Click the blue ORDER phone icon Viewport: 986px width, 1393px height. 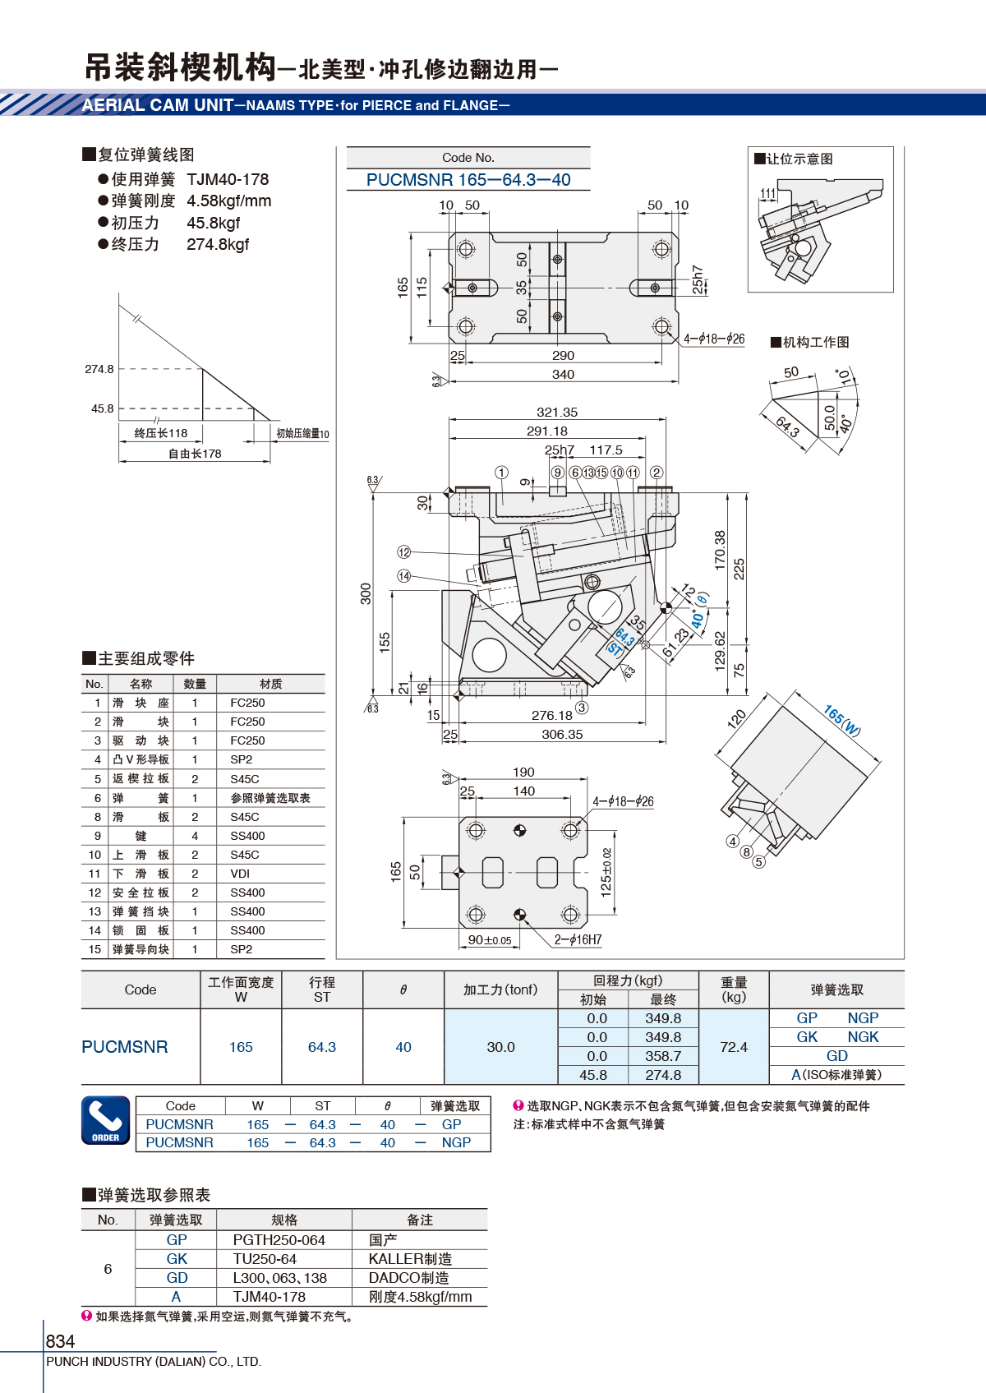click(x=106, y=1120)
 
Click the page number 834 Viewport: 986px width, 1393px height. click(x=60, y=1340)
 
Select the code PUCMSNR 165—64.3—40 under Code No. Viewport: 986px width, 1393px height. click(x=468, y=180)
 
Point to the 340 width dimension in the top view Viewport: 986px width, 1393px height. click(x=563, y=375)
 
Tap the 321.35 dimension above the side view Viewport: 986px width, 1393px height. click(x=557, y=413)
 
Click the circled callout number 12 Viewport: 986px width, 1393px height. click(x=404, y=552)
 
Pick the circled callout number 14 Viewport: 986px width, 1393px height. click(x=404, y=576)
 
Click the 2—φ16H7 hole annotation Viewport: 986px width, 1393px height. click(x=578, y=939)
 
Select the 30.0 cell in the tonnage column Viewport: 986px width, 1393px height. click(x=500, y=1047)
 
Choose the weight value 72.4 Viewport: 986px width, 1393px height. click(x=734, y=1047)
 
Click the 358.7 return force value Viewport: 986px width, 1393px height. click(x=663, y=1056)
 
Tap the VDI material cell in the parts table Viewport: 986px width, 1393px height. click(x=240, y=874)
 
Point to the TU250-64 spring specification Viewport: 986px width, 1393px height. click(x=265, y=1259)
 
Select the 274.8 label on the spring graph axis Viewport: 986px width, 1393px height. click(x=99, y=369)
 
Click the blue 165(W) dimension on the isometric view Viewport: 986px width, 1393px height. click(x=841, y=720)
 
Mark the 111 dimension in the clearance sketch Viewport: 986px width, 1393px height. click(x=768, y=193)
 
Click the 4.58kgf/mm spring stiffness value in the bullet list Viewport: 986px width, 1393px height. click(x=228, y=201)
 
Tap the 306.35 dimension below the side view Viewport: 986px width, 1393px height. click(x=562, y=735)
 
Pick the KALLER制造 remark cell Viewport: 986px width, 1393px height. click(x=410, y=1259)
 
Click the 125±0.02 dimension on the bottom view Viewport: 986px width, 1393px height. click(x=606, y=873)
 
